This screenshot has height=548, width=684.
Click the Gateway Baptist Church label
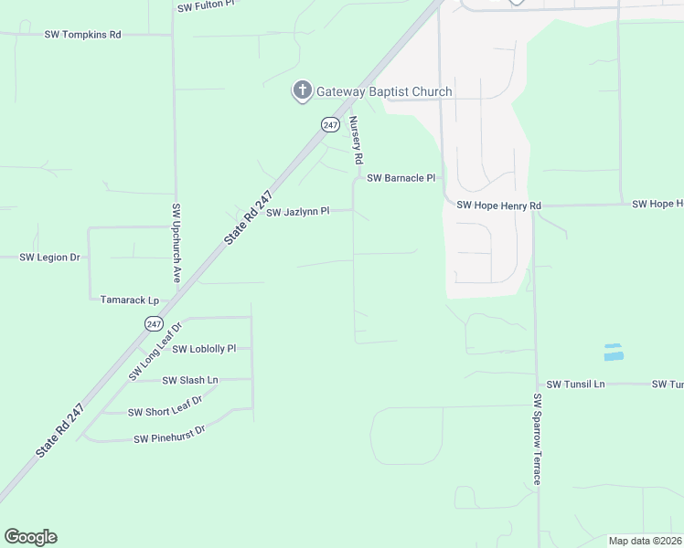[x=384, y=91]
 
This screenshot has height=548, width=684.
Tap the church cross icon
[x=302, y=90]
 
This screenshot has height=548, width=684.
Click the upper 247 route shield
[x=330, y=124]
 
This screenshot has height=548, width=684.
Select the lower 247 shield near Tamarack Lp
[x=154, y=323]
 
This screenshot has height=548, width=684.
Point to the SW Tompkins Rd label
[x=82, y=35]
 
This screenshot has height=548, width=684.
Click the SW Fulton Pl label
[x=206, y=5]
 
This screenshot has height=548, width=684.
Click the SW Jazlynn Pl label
[x=297, y=212]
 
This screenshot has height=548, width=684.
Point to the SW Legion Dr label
[x=50, y=258]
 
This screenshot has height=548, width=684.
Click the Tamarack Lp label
[x=130, y=300]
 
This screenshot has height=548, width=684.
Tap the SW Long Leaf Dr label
[x=155, y=350]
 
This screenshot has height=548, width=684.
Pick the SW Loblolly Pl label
[x=204, y=349]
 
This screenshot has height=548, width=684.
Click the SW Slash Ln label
[x=190, y=380]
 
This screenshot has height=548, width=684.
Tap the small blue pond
[x=613, y=352]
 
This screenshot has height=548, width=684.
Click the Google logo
[x=30, y=537]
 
